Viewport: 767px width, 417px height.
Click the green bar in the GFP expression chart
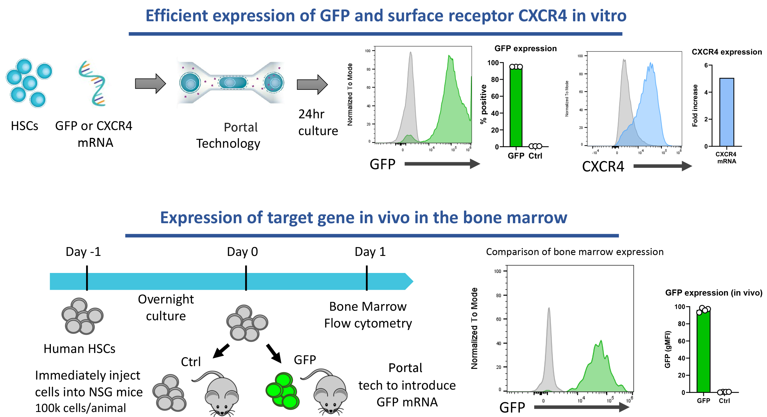click(x=516, y=107)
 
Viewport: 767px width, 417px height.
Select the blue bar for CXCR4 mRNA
click(x=726, y=112)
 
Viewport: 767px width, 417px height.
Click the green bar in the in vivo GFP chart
click(x=703, y=352)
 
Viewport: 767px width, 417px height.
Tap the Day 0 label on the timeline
click(x=242, y=252)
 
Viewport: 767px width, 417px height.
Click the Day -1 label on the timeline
click(x=83, y=252)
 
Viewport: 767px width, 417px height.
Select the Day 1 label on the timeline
click(x=370, y=252)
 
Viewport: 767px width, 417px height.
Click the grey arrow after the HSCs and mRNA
click(x=150, y=84)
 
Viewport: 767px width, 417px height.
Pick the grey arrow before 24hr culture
click(x=312, y=84)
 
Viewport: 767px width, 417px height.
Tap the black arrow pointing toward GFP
click(x=274, y=353)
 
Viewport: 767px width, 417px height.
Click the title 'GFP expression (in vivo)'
click(x=713, y=293)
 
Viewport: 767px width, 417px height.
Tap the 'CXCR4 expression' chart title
click(x=726, y=52)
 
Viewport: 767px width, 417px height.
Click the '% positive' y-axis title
click(x=483, y=104)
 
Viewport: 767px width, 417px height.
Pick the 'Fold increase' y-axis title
click(x=695, y=106)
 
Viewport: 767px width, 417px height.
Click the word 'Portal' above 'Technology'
click(x=241, y=128)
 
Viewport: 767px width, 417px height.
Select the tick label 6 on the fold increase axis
click(x=706, y=65)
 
